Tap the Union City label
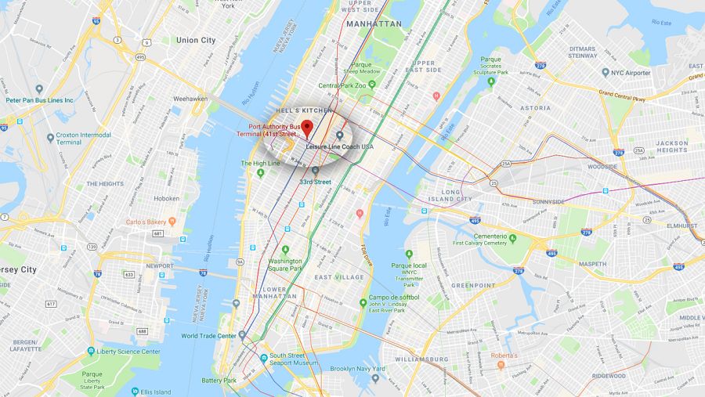point(196,40)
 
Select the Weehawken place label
point(190,99)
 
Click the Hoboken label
point(167,199)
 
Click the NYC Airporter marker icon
point(606,73)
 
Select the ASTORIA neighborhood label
point(535,107)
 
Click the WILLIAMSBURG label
point(421,359)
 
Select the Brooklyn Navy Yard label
point(358,368)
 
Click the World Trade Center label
point(208,336)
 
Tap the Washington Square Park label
point(285,265)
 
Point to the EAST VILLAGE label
point(339,277)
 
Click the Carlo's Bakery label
point(146,222)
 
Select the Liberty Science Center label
point(128,352)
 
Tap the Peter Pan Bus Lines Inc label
point(39,100)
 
